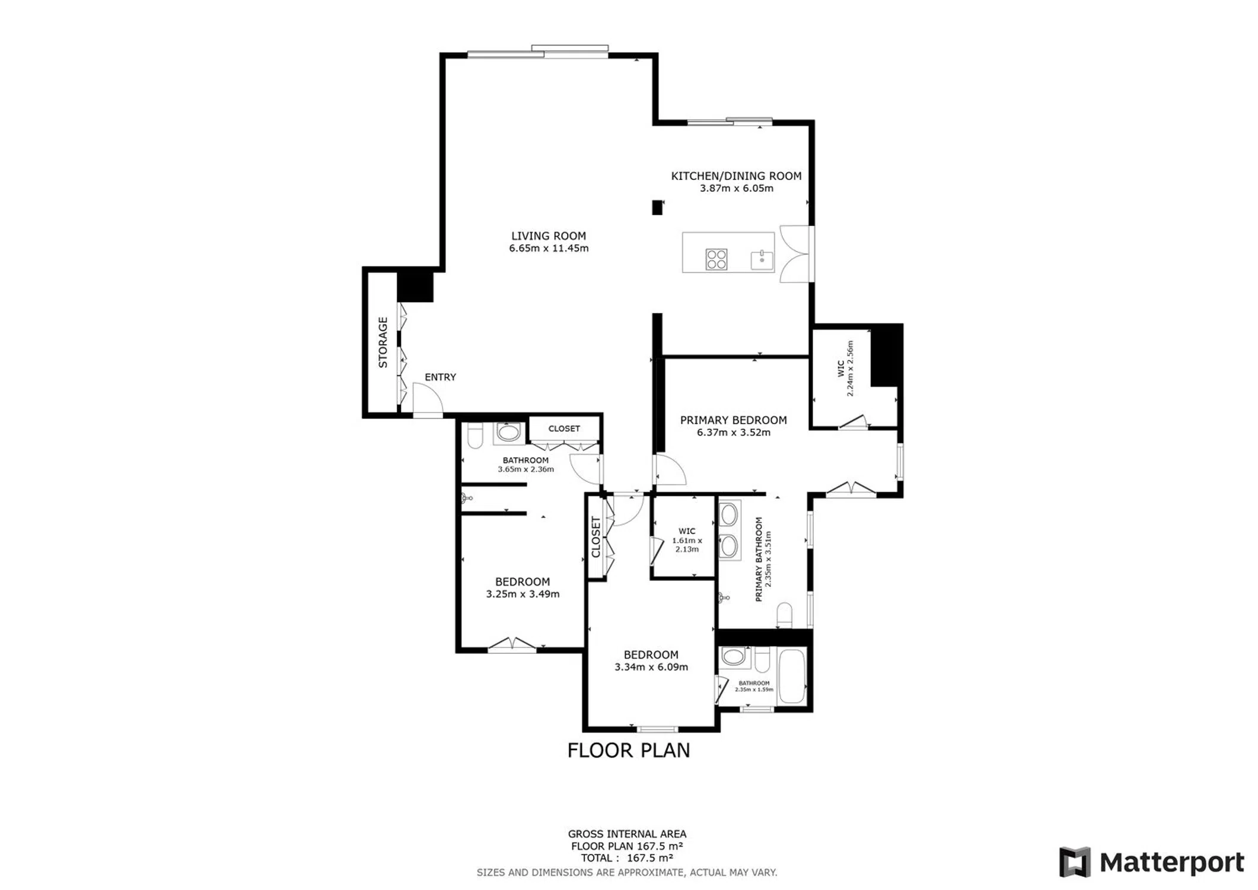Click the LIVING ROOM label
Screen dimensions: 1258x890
[549, 236]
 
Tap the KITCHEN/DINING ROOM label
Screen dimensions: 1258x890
[736, 176]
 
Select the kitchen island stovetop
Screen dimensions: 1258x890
[716, 259]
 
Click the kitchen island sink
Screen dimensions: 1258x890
[762, 260]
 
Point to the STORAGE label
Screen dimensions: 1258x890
[383, 342]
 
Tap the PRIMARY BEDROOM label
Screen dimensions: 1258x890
[734, 420]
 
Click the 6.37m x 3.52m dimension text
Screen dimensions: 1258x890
[734, 433]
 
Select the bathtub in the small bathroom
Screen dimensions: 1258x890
[792, 676]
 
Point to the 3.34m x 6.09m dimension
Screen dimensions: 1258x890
[651, 667]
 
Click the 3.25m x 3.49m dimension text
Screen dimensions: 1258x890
[523, 594]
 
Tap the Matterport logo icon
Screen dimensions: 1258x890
[1075, 862]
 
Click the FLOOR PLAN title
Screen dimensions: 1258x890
[629, 751]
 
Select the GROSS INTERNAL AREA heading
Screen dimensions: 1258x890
[627, 834]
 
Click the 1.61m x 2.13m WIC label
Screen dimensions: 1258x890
[687, 541]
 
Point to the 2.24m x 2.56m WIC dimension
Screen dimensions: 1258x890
[851, 368]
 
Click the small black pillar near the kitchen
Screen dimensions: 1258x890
[657, 208]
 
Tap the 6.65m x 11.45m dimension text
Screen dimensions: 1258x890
[549, 249]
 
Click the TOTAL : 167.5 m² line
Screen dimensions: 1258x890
[627, 858]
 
